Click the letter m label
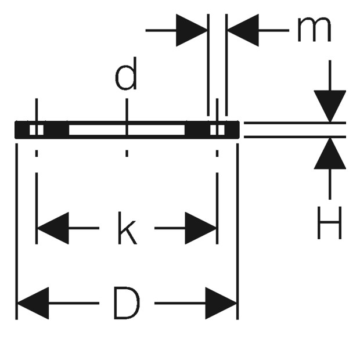pyautogui.click(x=314, y=30)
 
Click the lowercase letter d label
pyautogui.click(x=126, y=74)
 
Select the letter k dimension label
pyautogui.click(x=127, y=228)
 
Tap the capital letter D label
pyautogui.click(x=127, y=303)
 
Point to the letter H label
pyautogui.click(x=330, y=223)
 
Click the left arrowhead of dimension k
pyautogui.click(x=53, y=228)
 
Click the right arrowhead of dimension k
pyautogui.click(x=201, y=228)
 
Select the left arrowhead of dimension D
pyautogui.click(x=33, y=303)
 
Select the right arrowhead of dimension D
pyautogui.click(x=221, y=303)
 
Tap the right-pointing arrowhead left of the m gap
pyautogui.click(x=192, y=30)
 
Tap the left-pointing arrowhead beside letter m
pyautogui.click(x=243, y=30)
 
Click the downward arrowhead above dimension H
pyautogui.click(x=330, y=106)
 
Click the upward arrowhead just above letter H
pyautogui.click(x=330, y=153)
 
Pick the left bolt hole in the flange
pyautogui.click(x=37, y=130)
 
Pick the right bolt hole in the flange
pyautogui.click(x=217, y=130)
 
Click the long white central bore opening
pyautogui.click(x=127, y=130)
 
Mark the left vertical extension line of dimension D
pyautogui.click(x=16, y=232)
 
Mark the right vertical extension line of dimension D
pyautogui.click(x=237, y=232)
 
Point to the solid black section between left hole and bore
pyautogui.click(x=56, y=130)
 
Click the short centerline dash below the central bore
pyautogui.click(x=127, y=153)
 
